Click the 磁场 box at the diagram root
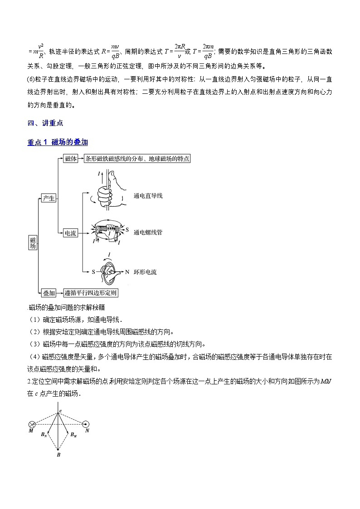[x=32, y=242]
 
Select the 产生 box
[x=48, y=198]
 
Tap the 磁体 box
[x=71, y=159]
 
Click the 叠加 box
[x=48, y=293]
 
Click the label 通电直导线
[x=148, y=196]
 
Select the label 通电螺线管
[x=148, y=233]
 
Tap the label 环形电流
[x=145, y=272]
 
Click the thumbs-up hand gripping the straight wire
[x=109, y=195]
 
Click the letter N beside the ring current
[x=127, y=272]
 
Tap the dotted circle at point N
[x=86, y=424]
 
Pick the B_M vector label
[x=74, y=435]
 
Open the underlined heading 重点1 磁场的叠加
[x=58, y=142]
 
